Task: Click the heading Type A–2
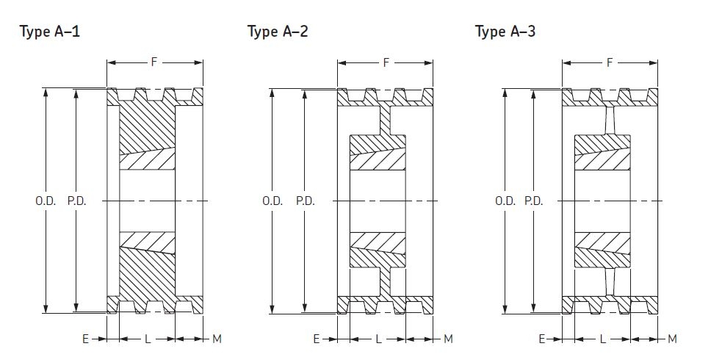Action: (x=279, y=32)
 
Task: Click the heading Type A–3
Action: (x=506, y=32)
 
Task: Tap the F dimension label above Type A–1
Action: (x=154, y=62)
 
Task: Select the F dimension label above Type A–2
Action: (x=386, y=62)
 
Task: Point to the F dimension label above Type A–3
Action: (x=610, y=62)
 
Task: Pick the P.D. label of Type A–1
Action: (x=76, y=201)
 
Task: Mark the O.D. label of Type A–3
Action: (x=505, y=201)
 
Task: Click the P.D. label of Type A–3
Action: (x=534, y=201)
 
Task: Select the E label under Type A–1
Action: (x=85, y=339)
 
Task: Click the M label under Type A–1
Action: (x=217, y=339)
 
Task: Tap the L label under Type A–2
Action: (x=378, y=339)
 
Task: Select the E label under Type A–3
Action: (x=541, y=339)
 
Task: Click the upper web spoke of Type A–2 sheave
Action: (x=385, y=120)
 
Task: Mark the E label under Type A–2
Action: (x=316, y=339)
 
